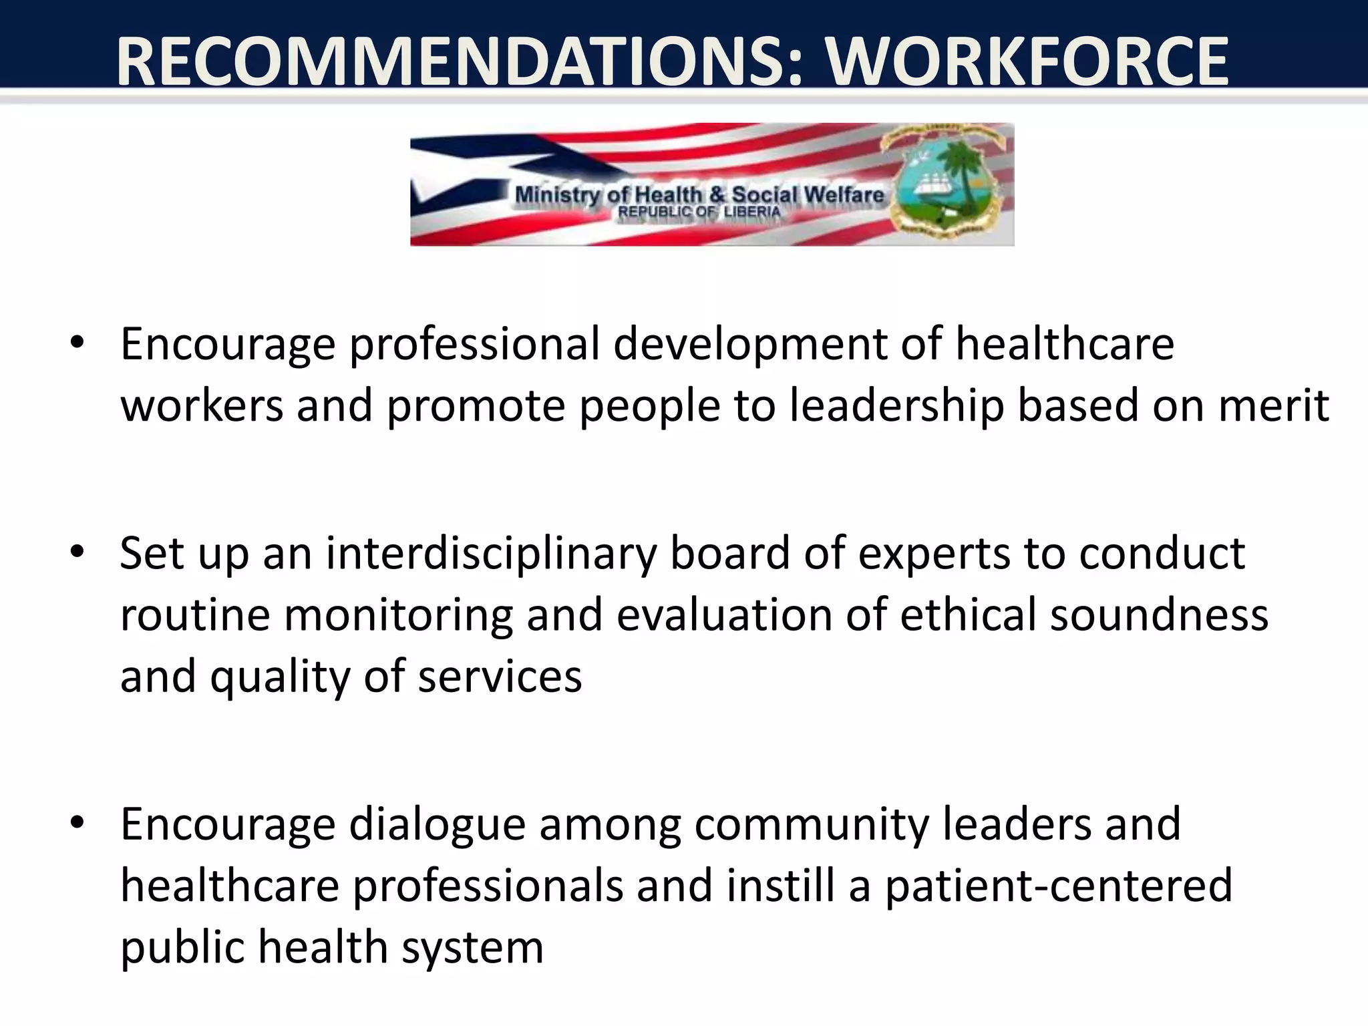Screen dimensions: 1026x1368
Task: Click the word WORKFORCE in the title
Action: pos(1027,61)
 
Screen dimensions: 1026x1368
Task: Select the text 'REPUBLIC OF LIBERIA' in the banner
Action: pos(699,212)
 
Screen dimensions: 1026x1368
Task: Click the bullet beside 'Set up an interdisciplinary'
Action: pos(77,552)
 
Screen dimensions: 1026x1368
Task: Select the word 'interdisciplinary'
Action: pos(492,554)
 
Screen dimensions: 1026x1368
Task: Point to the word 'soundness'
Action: pos(1159,615)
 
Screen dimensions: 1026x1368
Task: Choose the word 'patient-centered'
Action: pos(1059,886)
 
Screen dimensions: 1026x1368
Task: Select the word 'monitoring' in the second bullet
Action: pos(398,616)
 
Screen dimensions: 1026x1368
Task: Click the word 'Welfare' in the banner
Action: pos(844,195)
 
